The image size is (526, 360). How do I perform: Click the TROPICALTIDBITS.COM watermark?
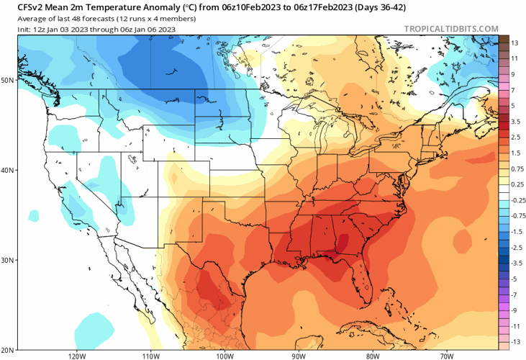(451, 29)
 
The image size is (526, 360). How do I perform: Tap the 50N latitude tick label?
(8, 80)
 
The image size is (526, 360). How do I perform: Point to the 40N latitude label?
(8, 170)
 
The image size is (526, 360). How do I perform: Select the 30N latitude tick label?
(8, 260)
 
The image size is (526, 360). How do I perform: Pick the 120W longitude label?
(77, 355)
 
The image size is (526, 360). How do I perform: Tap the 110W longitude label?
(150, 355)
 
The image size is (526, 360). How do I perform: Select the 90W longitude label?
(299, 355)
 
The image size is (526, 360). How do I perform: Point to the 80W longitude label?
(372, 355)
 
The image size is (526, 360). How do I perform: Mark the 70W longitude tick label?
(446, 355)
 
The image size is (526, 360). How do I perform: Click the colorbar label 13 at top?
(515, 43)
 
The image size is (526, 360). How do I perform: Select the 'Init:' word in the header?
(26, 29)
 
